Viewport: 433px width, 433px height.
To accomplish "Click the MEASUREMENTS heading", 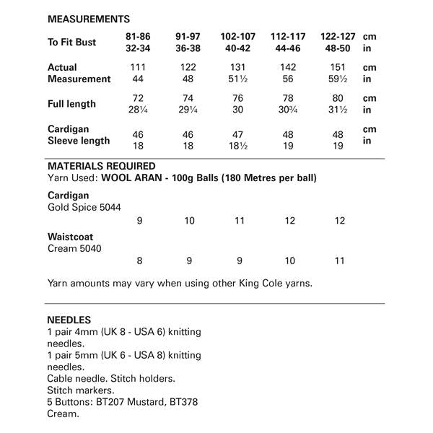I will click(89, 19).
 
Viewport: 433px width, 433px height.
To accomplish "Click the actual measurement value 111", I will click(138, 67).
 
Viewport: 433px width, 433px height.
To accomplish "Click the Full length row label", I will click(71, 104).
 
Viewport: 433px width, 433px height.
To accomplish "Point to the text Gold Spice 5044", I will click(84, 208).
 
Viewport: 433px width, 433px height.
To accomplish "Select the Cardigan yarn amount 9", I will click(139, 221).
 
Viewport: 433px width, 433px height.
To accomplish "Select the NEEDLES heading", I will click(69, 319).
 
